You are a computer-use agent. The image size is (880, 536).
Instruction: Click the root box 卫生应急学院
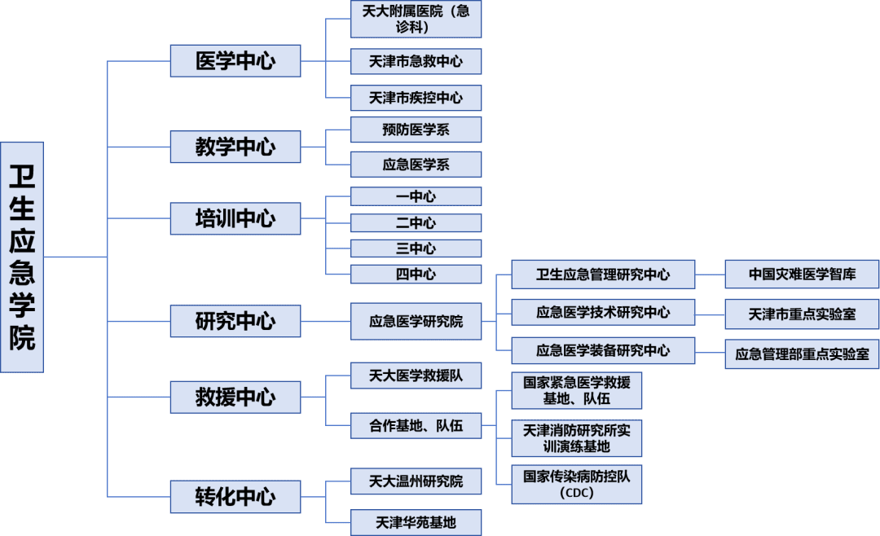[22, 257]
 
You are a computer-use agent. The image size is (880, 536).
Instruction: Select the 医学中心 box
[235, 61]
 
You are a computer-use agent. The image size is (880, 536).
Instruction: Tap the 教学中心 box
[235, 147]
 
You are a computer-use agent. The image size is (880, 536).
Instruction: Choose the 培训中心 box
[235, 218]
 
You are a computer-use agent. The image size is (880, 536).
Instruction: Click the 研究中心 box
[235, 321]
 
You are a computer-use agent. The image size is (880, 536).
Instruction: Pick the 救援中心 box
[235, 397]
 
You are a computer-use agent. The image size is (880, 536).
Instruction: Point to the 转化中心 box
[235, 496]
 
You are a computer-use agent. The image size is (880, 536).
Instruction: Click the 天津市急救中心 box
[416, 61]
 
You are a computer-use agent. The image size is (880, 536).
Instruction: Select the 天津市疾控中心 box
[416, 98]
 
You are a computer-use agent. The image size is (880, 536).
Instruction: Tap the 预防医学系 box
[416, 130]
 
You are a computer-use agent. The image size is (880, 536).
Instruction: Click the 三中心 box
[416, 248]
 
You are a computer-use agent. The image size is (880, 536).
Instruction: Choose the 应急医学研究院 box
[416, 321]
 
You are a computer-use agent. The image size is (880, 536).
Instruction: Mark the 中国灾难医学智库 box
[802, 275]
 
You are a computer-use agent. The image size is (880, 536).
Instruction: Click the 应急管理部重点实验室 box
[802, 354]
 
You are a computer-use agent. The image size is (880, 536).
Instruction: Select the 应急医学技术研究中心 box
[603, 312]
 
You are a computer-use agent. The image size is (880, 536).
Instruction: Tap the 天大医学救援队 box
[416, 376]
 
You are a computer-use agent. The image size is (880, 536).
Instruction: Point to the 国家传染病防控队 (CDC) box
[577, 484]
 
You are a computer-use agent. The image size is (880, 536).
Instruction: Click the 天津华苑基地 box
[416, 521]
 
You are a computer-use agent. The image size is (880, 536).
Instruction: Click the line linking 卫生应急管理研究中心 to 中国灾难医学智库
[710, 275]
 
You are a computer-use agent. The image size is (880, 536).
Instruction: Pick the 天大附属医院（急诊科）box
[416, 19]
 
